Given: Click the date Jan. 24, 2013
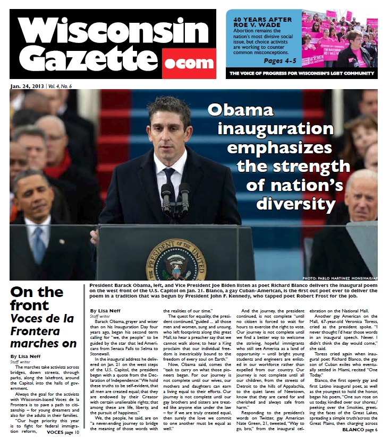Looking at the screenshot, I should [x=27, y=86].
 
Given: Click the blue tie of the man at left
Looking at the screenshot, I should [x=39, y=243].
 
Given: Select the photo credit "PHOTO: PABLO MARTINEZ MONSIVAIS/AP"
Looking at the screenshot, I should [x=340, y=277].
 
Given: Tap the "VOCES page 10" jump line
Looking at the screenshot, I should [x=63, y=432].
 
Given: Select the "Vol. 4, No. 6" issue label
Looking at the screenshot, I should [x=60, y=86].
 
